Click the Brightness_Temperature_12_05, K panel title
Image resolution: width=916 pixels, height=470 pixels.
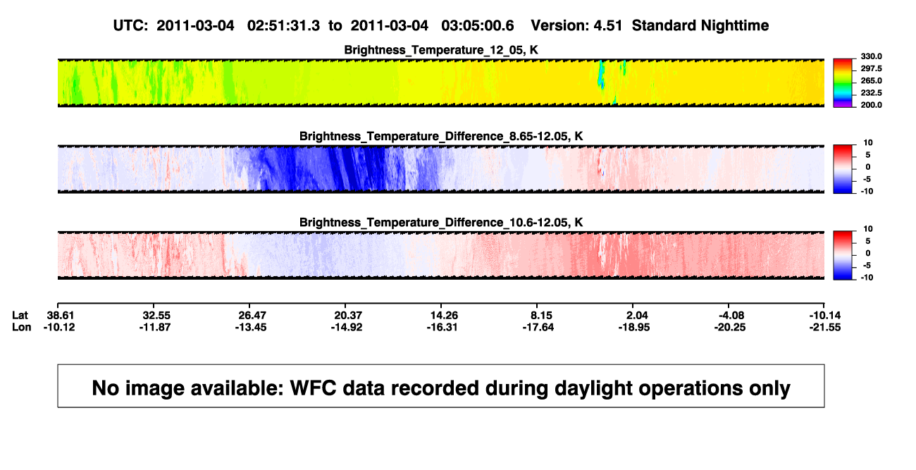click(441, 50)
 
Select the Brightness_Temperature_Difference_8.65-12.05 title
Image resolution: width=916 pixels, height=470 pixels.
click(441, 136)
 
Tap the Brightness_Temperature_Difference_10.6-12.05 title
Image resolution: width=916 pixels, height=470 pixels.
click(441, 223)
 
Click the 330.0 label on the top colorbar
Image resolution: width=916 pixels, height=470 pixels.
click(871, 56)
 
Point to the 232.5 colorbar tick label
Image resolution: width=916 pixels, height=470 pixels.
click(871, 93)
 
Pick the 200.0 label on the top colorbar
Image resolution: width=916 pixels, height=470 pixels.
click(871, 105)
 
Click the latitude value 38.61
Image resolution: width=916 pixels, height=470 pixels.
click(60, 316)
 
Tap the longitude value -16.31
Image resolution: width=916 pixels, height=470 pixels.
click(442, 327)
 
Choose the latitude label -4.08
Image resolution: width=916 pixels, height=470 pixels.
click(730, 316)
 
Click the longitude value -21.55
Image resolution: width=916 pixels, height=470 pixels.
click(825, 327)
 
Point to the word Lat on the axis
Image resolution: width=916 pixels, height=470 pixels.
click(20, 316)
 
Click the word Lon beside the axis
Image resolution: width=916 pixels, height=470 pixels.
click(22, 327)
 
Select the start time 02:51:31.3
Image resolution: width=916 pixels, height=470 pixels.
click(283, 26)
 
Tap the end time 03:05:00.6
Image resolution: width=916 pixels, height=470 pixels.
click(478, 26)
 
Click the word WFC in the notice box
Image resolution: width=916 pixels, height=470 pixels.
click(313, 388)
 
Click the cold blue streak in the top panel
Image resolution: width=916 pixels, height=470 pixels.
click(601, 75)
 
